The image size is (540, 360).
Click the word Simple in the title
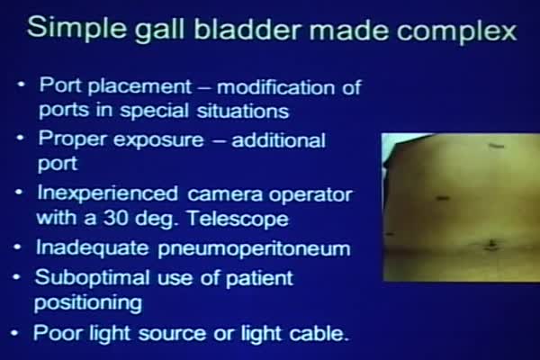pos(76,29)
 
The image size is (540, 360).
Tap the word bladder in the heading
pos(248,29)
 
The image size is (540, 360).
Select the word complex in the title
pos(456,31)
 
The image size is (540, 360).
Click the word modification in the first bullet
pos(276,86)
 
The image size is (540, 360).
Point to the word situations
pos(242,111)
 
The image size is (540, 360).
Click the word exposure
pos(158,139)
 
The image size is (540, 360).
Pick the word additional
pos(279,139)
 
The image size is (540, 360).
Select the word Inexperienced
pos(107,194)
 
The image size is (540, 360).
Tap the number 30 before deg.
pos(115,218)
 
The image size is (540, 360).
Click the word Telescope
pos(238,219)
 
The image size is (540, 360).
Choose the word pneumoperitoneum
pos(254,248)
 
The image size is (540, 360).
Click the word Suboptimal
pos(93,278)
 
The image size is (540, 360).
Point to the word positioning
pos(88,303)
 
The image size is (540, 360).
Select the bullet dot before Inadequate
pos(18,247)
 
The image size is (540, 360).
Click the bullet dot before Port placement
pos(22,84)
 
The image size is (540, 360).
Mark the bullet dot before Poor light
pos(14,333)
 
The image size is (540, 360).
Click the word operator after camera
pos(310,195)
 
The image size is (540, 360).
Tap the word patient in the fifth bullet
pos(259,278)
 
